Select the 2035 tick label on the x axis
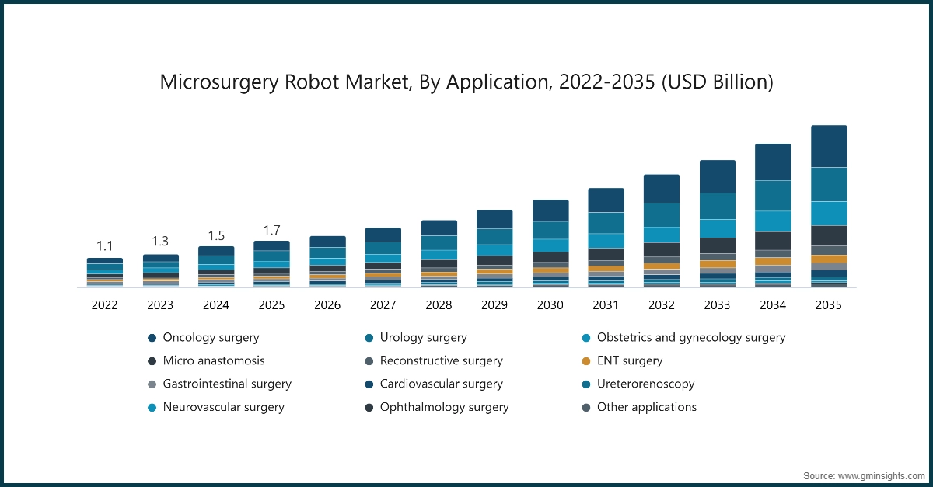pyautogui.click(x=828, y=305)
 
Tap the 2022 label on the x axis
pyautogui.click(x=104, y=305)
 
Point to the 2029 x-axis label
pyautogui.click(x=494, y=305)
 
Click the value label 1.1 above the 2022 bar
pyautogui.click(x=104, y=246)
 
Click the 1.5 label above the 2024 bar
pyautogui.click(x=216, y=235)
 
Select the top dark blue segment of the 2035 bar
pyautogui.click(x=828, y=146)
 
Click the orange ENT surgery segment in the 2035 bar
pyautogui.click(x=828, y=259)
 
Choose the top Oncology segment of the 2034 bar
pyautogui.click(x=773, y=162)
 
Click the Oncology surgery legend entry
pyautogui.click(x=210, y=338)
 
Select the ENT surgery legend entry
pyautogui.click(x=629, y=360)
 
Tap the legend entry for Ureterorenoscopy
pyautogui.click(x=645, y=384)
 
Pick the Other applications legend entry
pyautogui.click(x=646, y=407)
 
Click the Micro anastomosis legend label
pyautogui.click(x=213, y=360)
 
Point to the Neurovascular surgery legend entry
pyautogui.click(x=222, y=407)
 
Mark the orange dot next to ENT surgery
pyautogui.click(x=585, y=360)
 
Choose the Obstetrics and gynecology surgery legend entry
pyautogui.click(x=690, y=338)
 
